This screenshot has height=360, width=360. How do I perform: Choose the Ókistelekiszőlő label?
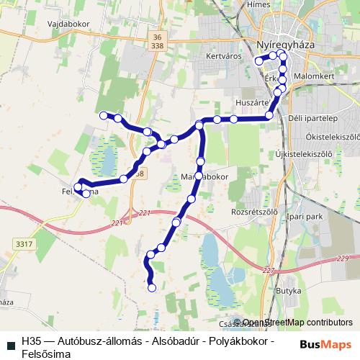(x=332, y=135)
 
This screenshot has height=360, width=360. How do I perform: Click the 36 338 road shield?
(x=158, y=41)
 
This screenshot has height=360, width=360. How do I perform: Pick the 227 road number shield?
(x=269, y=270)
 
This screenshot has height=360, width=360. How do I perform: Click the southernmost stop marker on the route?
(x=151, y=288)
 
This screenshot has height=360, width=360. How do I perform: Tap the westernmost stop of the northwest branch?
(x=104, y=114)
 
